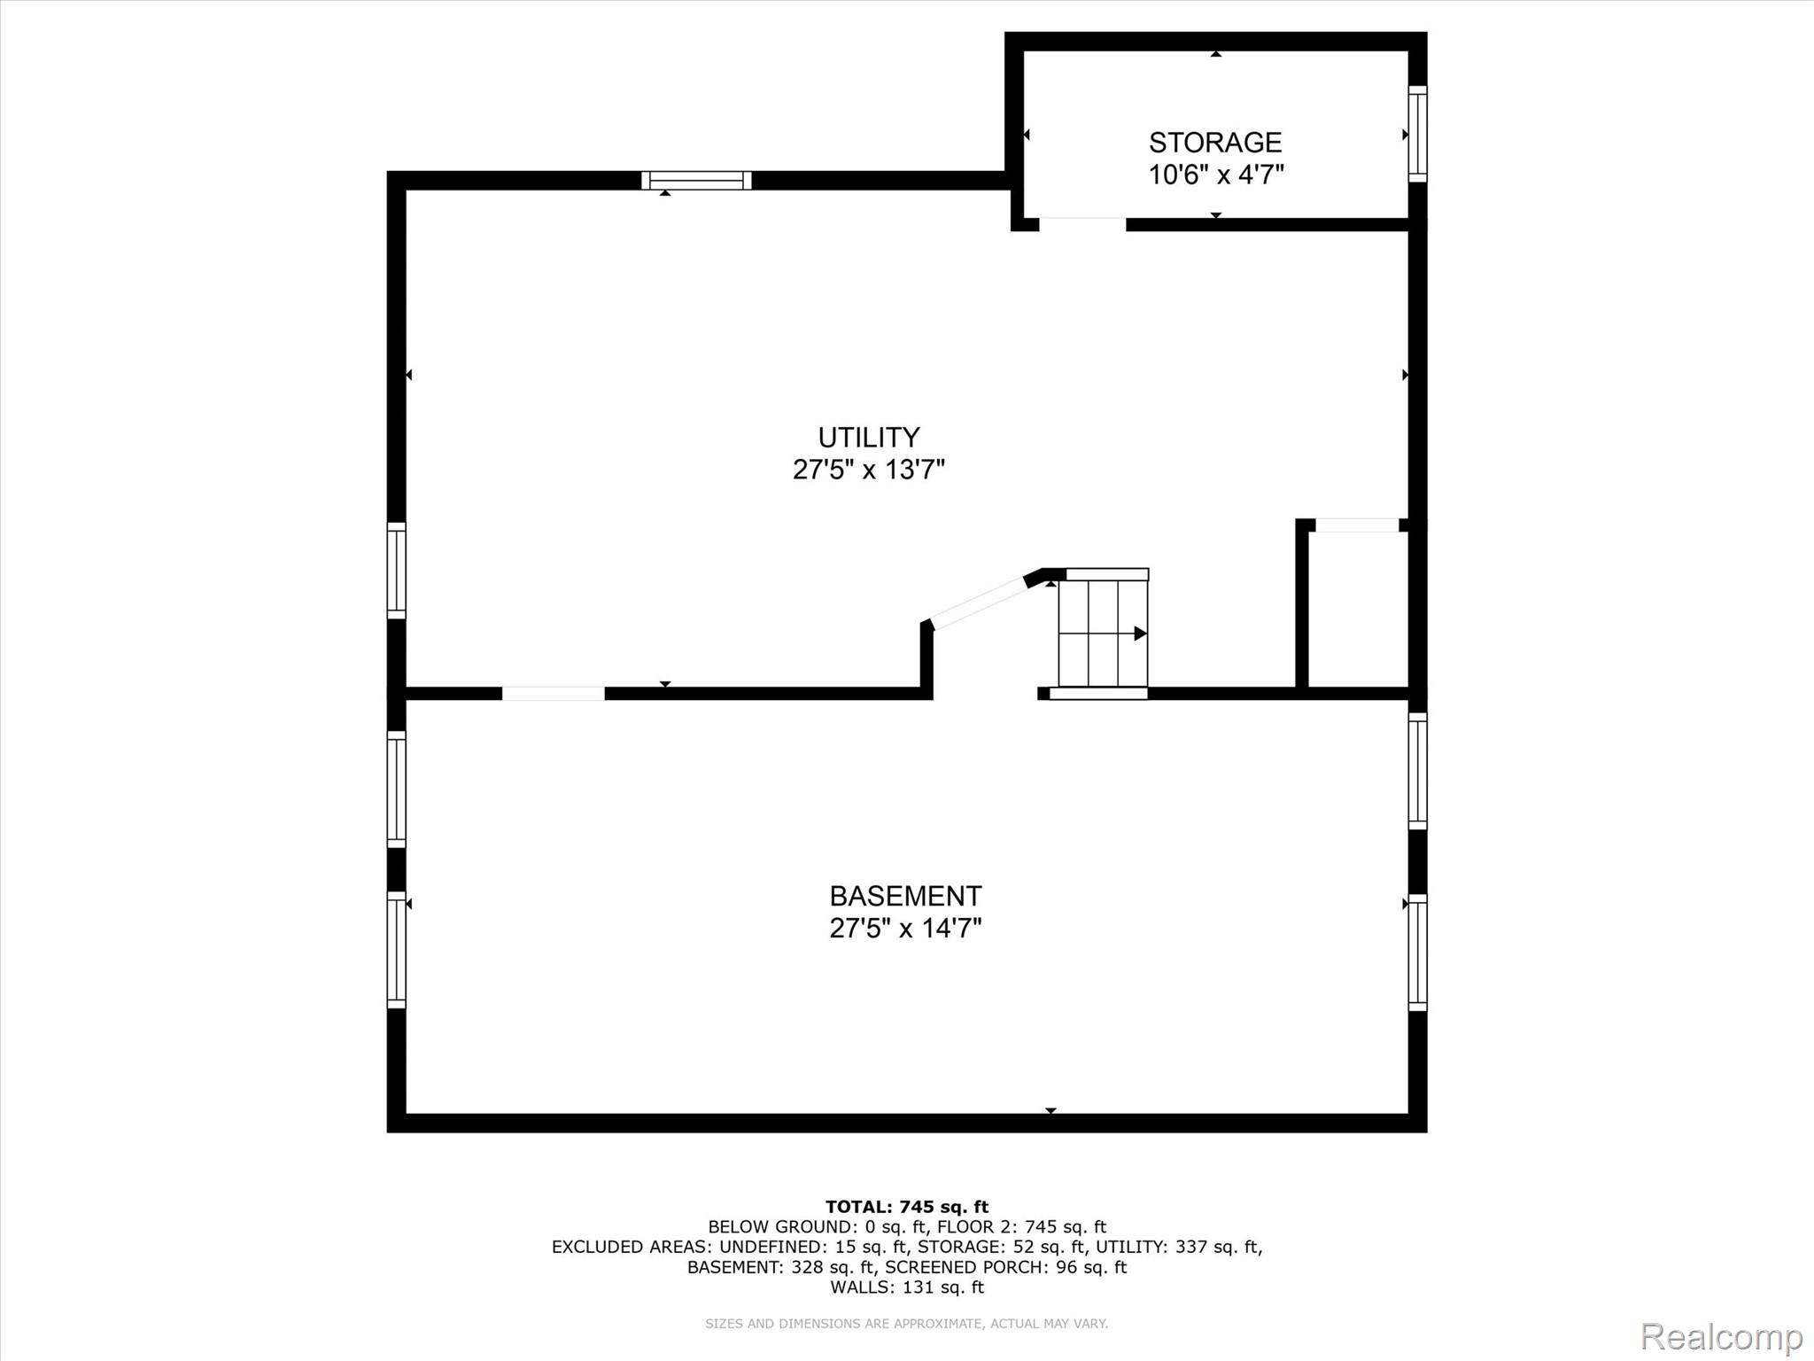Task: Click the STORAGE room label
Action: pos(1215,143)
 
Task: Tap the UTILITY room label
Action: pos(868,438)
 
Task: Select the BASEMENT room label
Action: pos(905,896)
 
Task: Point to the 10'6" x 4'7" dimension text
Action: pos(1215,175)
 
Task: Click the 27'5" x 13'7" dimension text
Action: pos(868,470)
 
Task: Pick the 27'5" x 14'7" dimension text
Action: pos(905,929)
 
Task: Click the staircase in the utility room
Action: pos(1103,633)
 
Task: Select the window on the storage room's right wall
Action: pos(1417,134)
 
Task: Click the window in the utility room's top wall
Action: pos(696,181)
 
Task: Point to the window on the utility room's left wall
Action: pos(397,571)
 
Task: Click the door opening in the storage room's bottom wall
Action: pos(1082,224)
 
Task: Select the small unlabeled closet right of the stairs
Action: pos(1357,609)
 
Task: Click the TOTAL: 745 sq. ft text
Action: pos(907,1207)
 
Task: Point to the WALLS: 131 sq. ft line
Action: pos(907,1287)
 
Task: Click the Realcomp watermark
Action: pos(1722,1336)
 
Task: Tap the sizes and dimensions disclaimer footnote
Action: pos(907,1324)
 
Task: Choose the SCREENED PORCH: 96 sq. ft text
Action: pos(1005,1267)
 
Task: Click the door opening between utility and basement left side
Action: pos(554,694)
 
